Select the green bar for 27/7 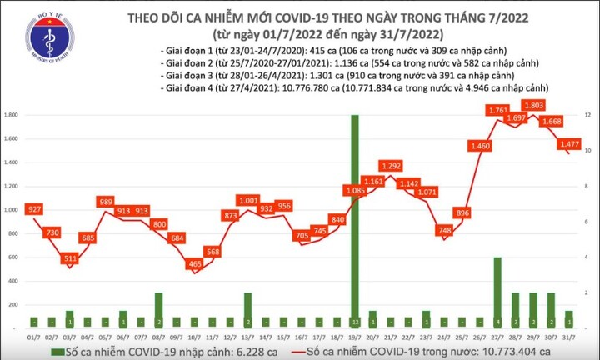[x=497, y=292]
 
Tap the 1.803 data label [x=533, y=106]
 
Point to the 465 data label [x=195, y=264]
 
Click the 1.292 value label [x=391, y=165]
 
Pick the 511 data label [x=70, y=258]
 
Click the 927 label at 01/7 [x=33, y=207]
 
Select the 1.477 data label [x=570, y=143]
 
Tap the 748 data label [x=445, y=230]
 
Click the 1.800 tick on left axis [x=13, y=115]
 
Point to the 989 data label [x=106, y=202]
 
